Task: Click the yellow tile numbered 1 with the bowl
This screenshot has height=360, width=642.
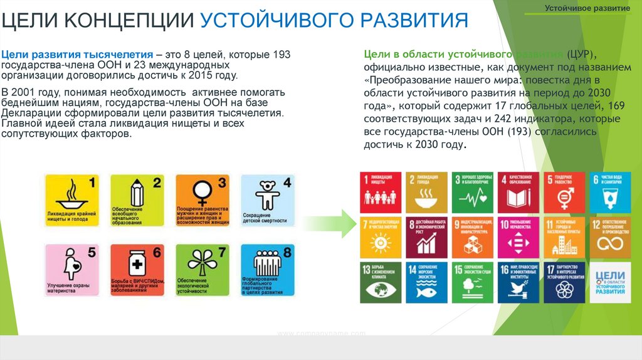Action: pos(72,201)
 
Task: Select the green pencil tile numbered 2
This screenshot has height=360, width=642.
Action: pos(137,201)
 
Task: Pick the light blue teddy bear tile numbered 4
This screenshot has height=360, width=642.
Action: pos(266,201)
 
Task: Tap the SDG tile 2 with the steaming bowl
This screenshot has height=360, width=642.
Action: pos(426,192)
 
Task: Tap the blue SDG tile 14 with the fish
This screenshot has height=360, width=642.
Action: pos(426,280)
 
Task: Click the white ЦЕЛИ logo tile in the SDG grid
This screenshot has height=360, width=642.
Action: pos(610,280)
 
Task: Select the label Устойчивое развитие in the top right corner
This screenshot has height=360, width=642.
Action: pos(587,10)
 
